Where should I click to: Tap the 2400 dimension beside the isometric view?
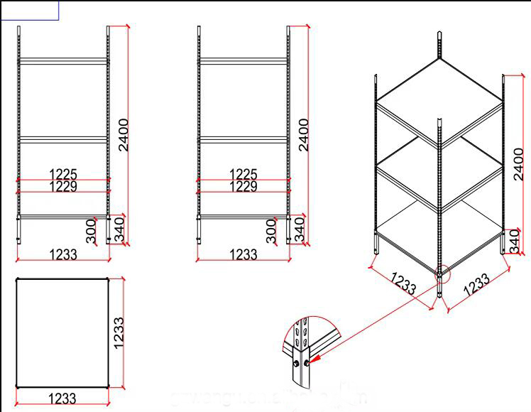tap(519, 166)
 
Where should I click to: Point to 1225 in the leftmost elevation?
tap(63, 174)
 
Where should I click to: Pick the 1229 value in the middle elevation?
tap(244, 186)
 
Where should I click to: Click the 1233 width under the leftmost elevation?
tap(63, 254)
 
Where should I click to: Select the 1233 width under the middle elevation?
tap(244, 254)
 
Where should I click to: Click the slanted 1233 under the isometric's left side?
tap(403, 283)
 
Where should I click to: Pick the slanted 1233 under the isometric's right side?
tap(477, 283)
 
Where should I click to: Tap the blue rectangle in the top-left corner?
tap(29, 10)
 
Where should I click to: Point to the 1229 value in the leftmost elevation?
tap(63, 186)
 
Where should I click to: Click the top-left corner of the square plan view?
tap(16, 278)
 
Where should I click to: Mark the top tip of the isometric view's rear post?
tap(440, 33)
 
